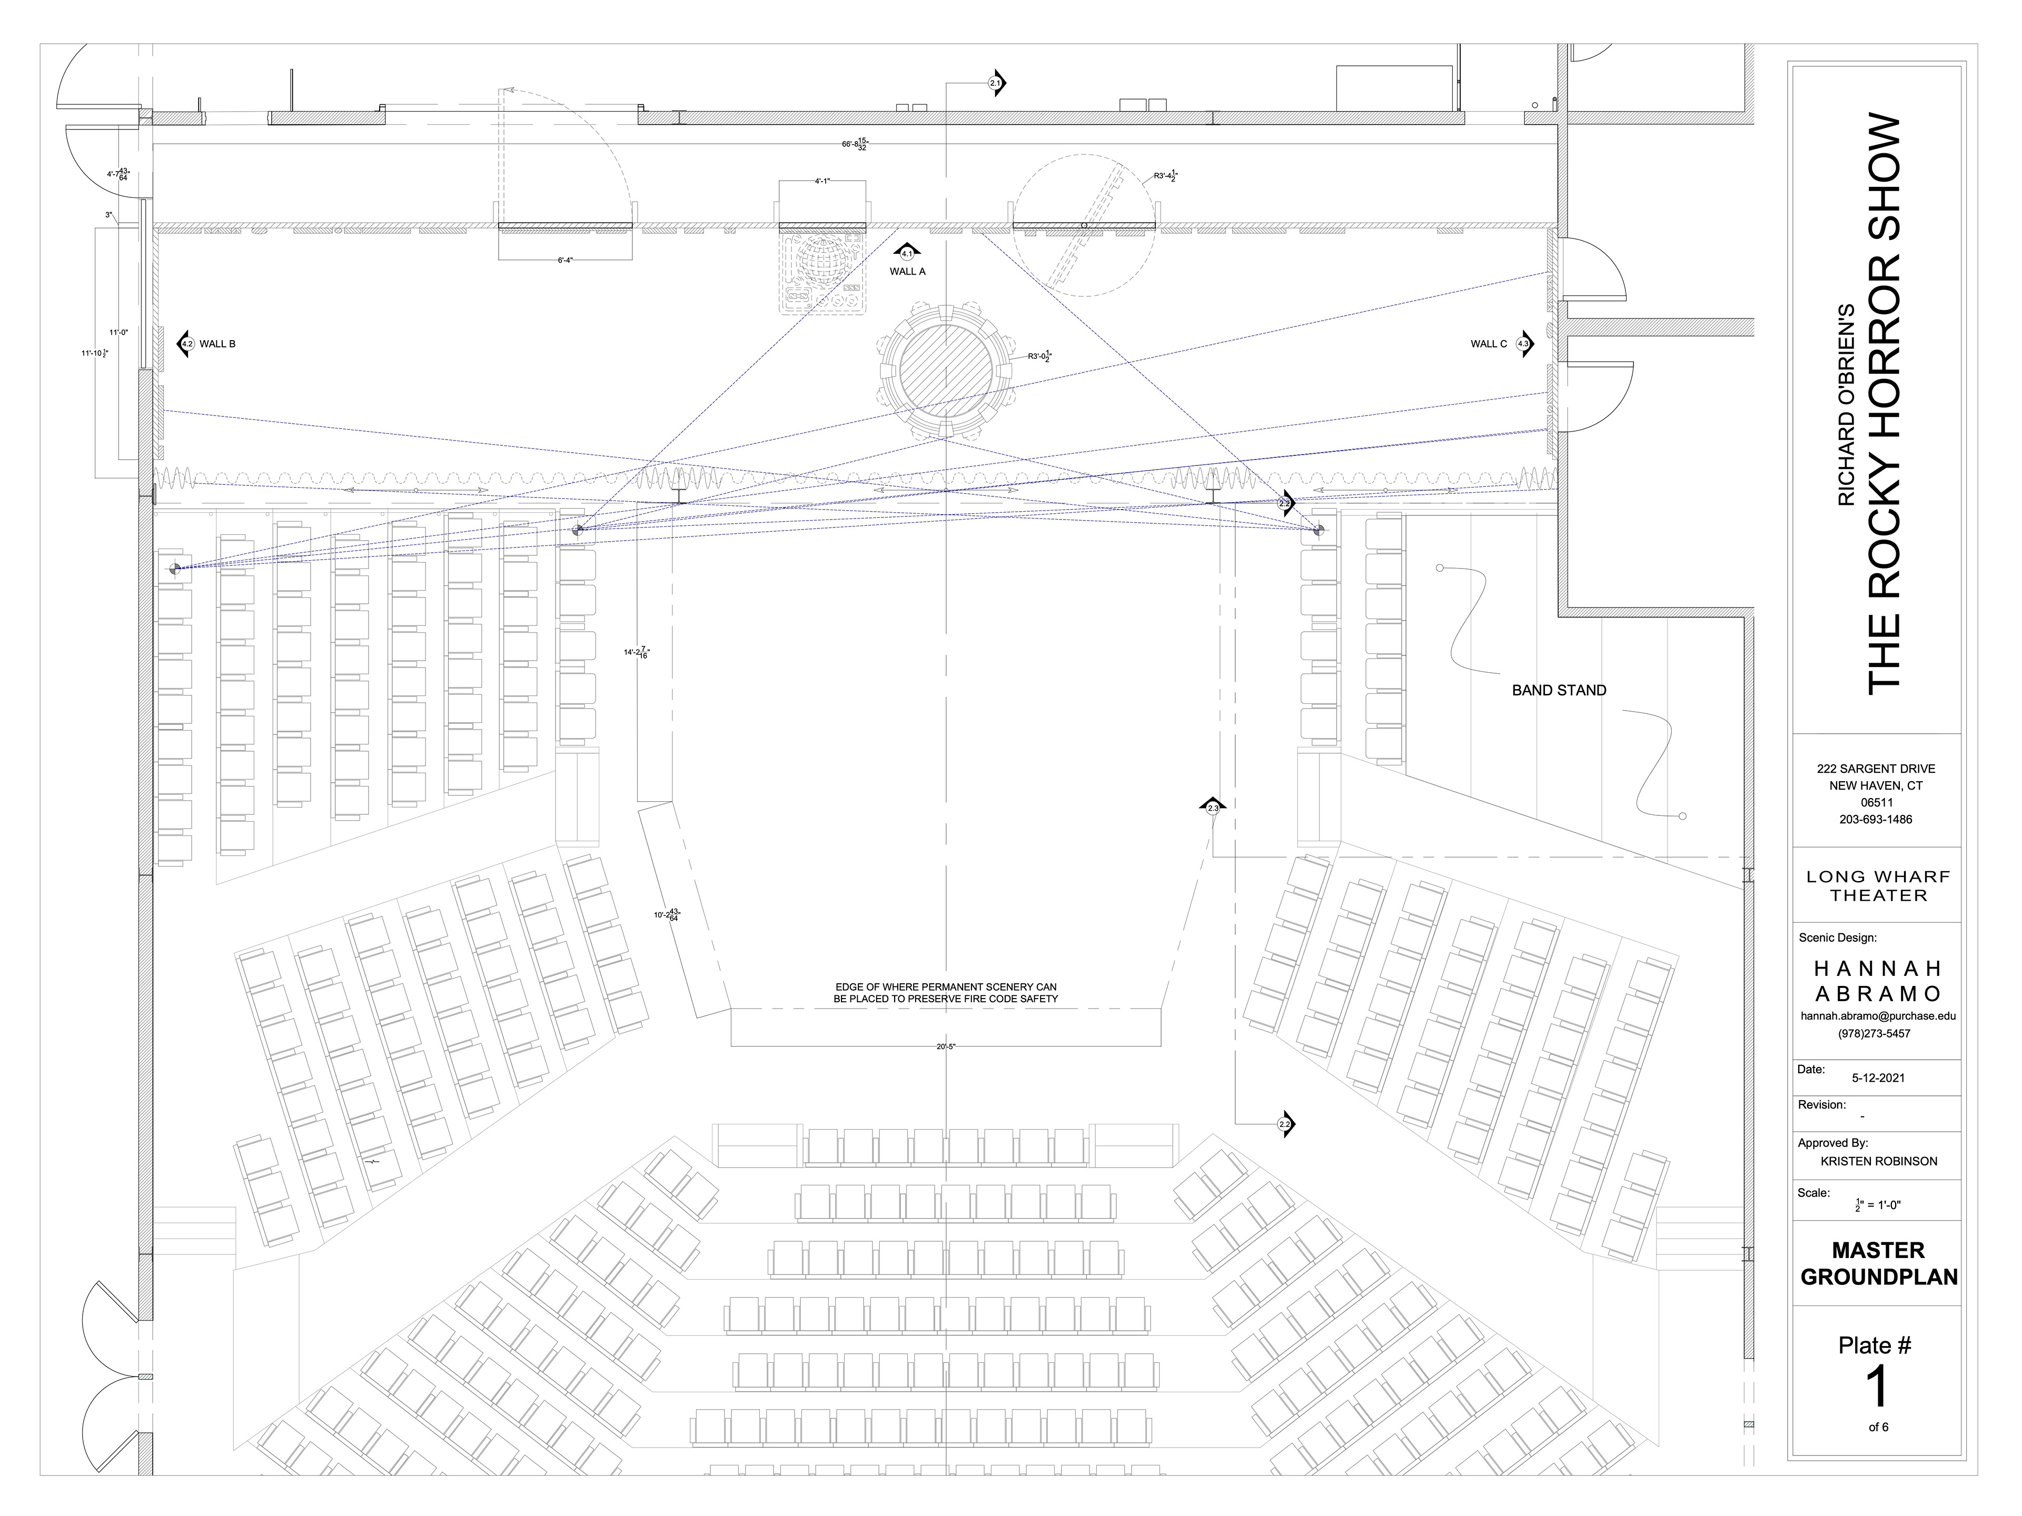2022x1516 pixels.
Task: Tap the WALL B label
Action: pyautogui.click(x=217, y=344)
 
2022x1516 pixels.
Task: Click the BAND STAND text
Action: pyautogui.click(x=1559, y=691)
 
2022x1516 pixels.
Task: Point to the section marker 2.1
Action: pyautogui.click(x=995, y=83)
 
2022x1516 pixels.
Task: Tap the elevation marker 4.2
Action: pyautogui.click(x=186, y=344)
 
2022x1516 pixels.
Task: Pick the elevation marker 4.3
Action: pyautogui.click(x=1523, y=344)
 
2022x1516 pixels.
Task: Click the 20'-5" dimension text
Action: pyautogui.click(x=945, y=1047)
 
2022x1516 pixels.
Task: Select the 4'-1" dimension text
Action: pyautogui.click(x=822, y=181)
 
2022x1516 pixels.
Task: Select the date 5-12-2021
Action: pyautogui.click(x=1878, y=1078)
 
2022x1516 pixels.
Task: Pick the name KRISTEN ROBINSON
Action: pyautogui.click(x=1878, y=1161)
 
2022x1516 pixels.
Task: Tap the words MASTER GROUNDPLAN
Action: pyautogui.click(x=1878, y=1263)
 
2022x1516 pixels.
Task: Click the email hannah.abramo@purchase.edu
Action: pyautogui.click(x=1878, y=1015)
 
